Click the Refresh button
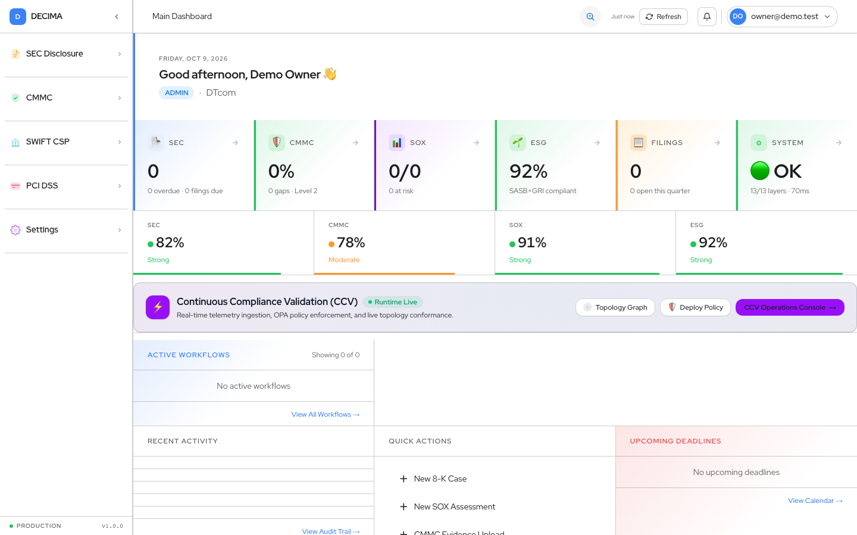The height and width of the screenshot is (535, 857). coord(664,17)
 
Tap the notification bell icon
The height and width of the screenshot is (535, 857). coord(706,17)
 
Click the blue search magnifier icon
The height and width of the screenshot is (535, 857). coord(590,17)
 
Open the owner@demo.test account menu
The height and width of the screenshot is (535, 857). coord(782,17)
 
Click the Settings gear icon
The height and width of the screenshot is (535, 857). coord(15,229)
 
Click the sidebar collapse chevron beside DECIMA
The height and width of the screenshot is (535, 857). coord(117,17)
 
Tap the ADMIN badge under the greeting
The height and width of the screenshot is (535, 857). coord(176,93)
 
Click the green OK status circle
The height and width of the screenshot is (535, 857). coord(760,171)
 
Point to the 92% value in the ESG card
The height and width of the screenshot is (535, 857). coord(528,171)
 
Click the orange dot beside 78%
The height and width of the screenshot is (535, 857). coord(331,244)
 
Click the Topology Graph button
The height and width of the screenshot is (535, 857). coord(615,307)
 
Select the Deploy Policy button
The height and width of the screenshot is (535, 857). coord(695,307)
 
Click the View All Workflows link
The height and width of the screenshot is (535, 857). coord(326,415)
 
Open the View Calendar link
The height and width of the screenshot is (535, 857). coord(815,501)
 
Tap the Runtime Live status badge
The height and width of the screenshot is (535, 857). coord(393,302)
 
